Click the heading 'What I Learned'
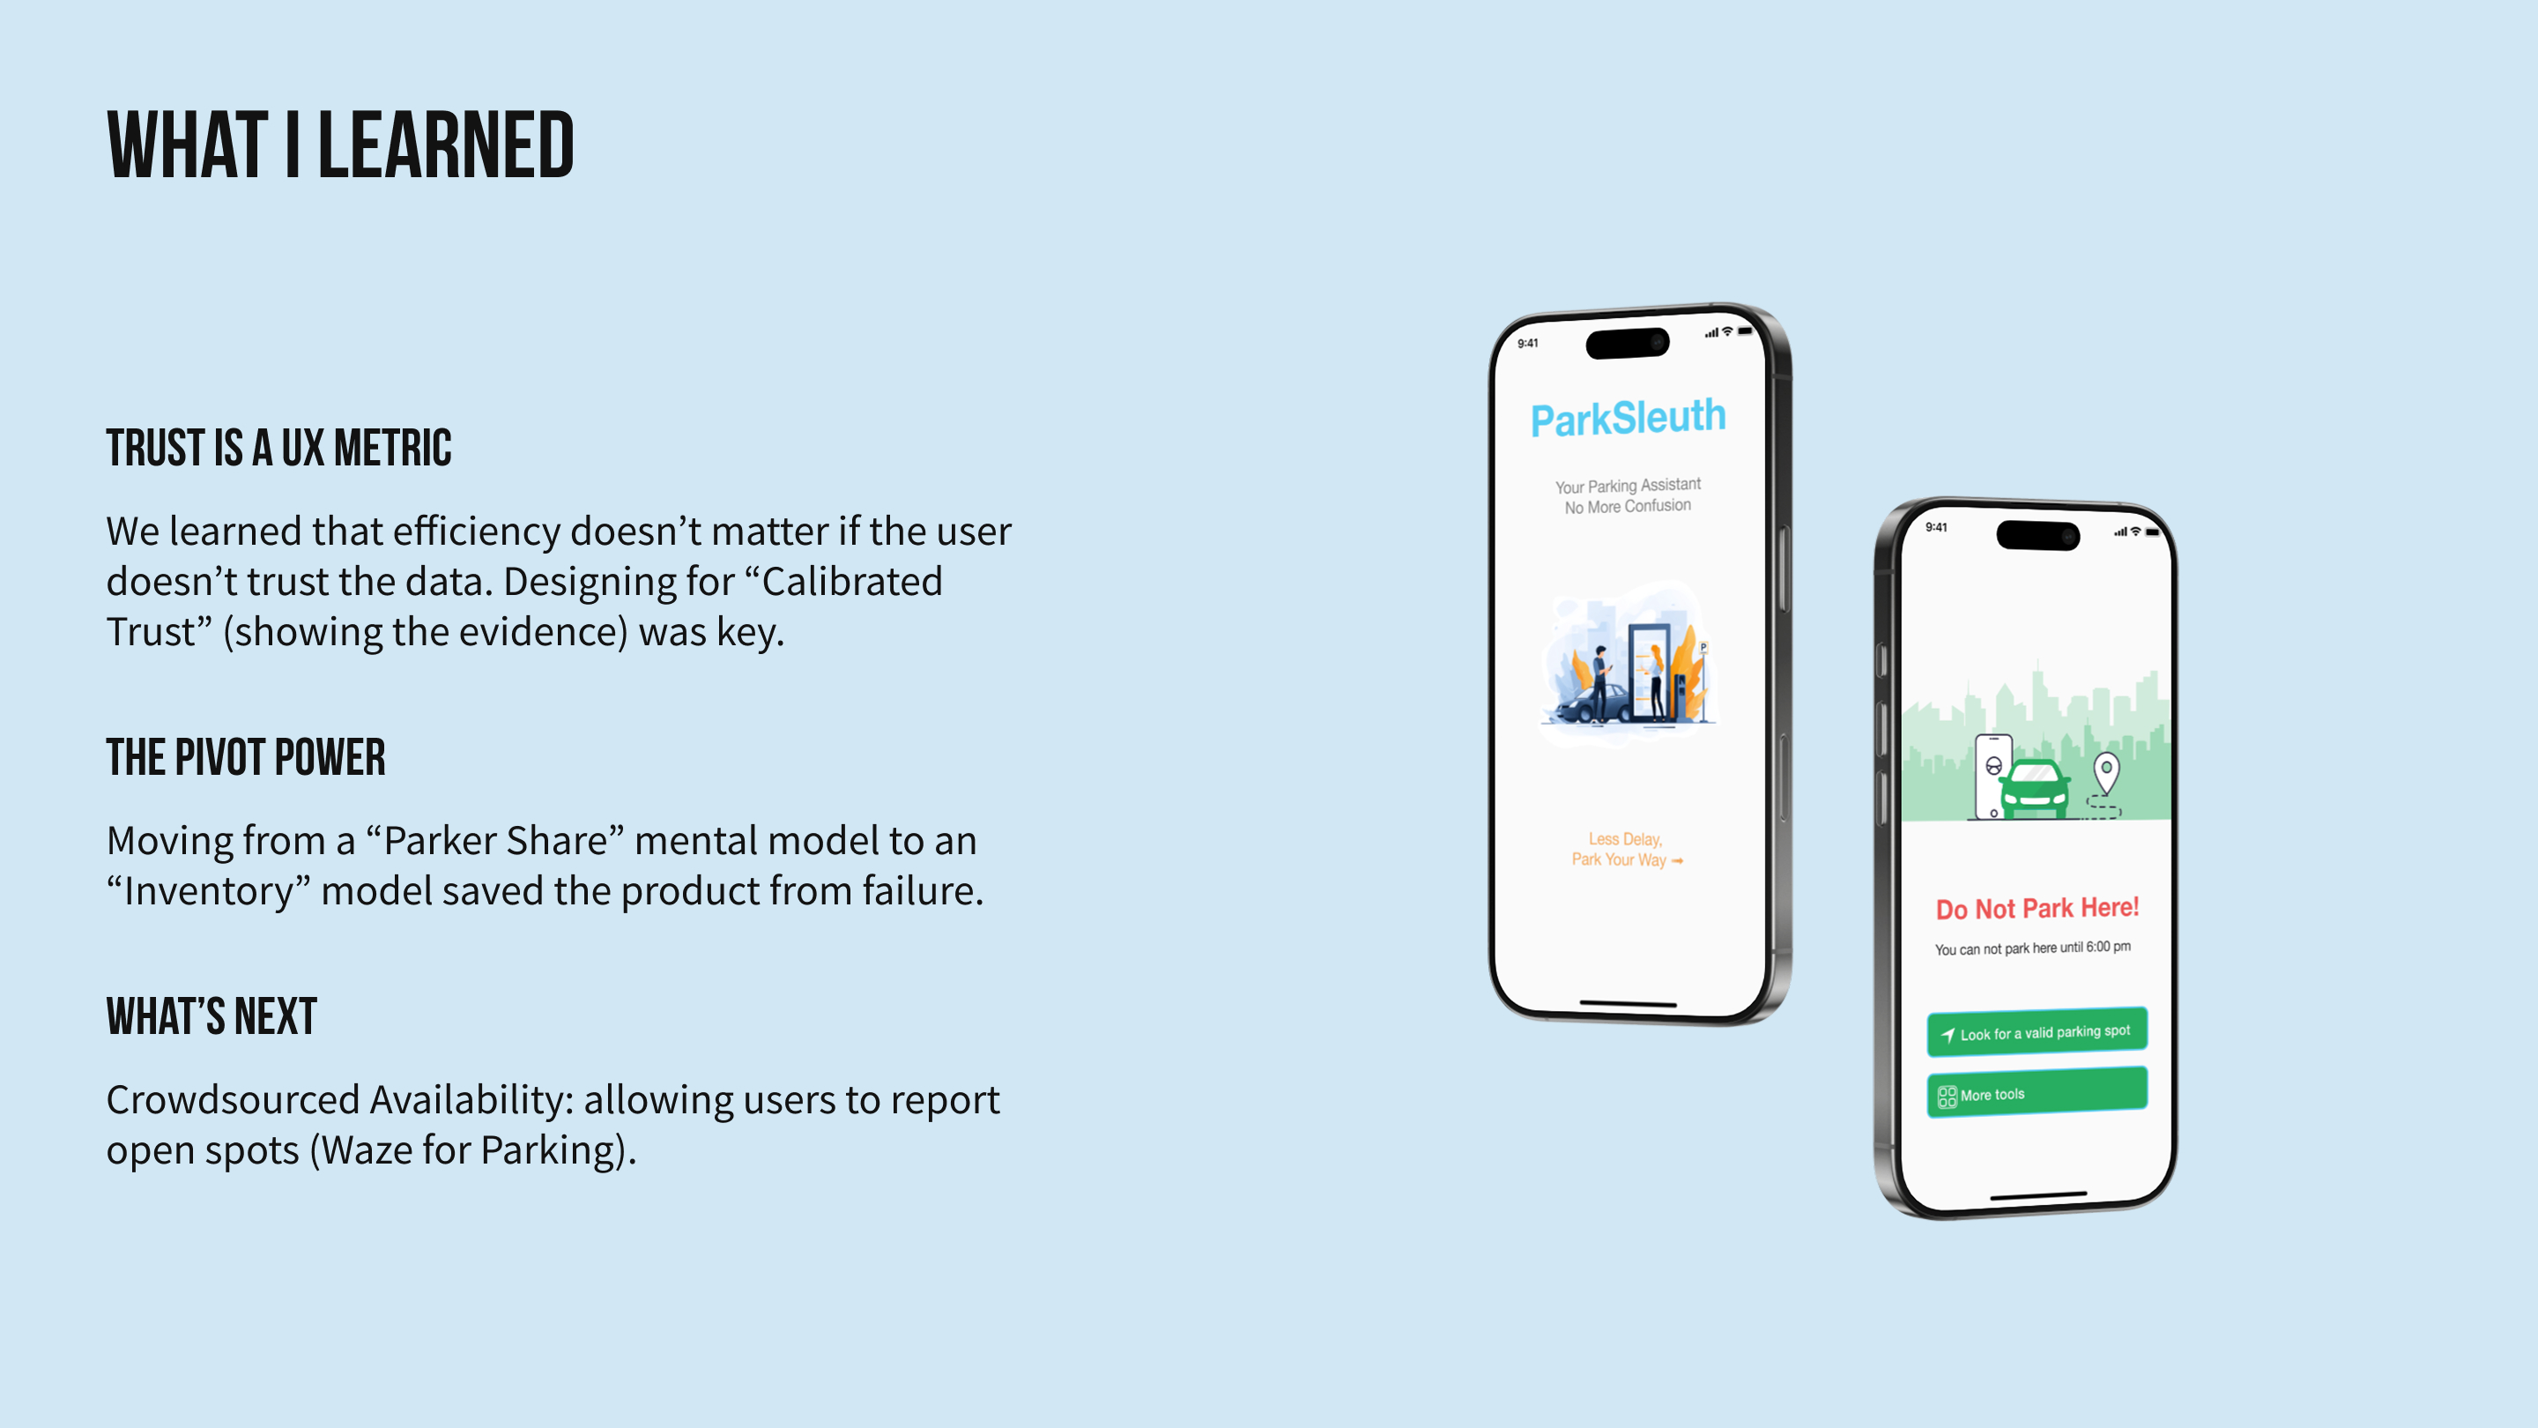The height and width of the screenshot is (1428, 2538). pyautogui.click(x=340, y=145)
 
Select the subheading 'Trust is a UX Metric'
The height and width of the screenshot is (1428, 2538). pyautogui.click(x=278, y=449)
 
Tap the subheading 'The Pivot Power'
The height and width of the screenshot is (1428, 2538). pyautogui.click(x=245, y=758)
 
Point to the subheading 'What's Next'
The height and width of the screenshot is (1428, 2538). pyautogui.click(x=211, y=1017)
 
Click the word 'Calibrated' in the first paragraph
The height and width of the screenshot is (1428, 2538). pyautogui.click(x=852, y=582)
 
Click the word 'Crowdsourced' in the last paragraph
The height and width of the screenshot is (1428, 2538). pyautogui.click(x=233, y=1100)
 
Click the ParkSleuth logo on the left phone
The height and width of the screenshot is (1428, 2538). pyautogui.click(x=1628, y=418)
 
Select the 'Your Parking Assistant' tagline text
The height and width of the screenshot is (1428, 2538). pyautogui.click(x=1628, y=486)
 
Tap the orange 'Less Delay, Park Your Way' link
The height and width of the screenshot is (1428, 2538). pyautogui.click(x=1627, y=850)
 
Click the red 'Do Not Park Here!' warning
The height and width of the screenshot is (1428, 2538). pyautogui.click(x=2037, y=908)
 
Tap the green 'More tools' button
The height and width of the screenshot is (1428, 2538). pyautogui.click(x=2037, y=1093)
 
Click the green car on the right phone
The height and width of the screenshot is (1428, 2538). pyautogui.click(x=2035, y=788)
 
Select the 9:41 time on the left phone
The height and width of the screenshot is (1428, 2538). pyautogui.click(x=1527, y=343)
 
